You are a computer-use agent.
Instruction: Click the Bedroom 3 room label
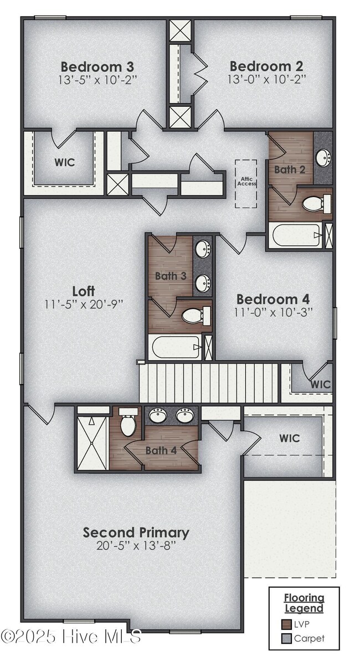tap(97, 67)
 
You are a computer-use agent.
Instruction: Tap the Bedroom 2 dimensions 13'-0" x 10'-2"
tap(266, 79)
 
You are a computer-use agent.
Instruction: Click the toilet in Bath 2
tap(313, 204)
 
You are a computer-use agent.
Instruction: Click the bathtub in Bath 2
tap(295, 236)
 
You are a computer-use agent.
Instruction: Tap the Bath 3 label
tap(171, 276)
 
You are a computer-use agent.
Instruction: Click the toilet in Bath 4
tap(128, 423)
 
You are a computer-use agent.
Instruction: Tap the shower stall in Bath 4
tap(91, 443)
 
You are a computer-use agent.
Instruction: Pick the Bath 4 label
tap(161, 450)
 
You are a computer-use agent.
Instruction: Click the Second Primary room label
tap(136, 532)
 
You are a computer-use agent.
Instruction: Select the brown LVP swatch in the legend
tap(286, 623)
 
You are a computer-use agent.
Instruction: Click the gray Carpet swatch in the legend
tap(286, 638)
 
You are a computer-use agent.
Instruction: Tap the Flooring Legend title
tap(304, 603)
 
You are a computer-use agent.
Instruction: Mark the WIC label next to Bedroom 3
tap(65, 163)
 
